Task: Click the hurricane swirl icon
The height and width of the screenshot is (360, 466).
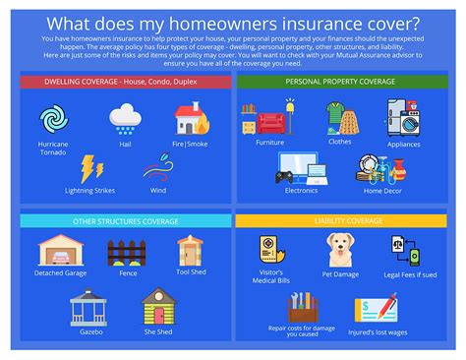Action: (x=53, y=119)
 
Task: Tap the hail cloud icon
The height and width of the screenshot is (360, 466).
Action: (x=125, y=119)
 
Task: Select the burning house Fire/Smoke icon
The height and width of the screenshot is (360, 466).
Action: (x=191, y=119)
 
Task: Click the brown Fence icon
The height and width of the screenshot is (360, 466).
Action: (x=126, y=253)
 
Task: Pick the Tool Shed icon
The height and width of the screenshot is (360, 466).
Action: (x=190, y=250)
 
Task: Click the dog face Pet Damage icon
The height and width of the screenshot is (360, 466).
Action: (x=341, y=250)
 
